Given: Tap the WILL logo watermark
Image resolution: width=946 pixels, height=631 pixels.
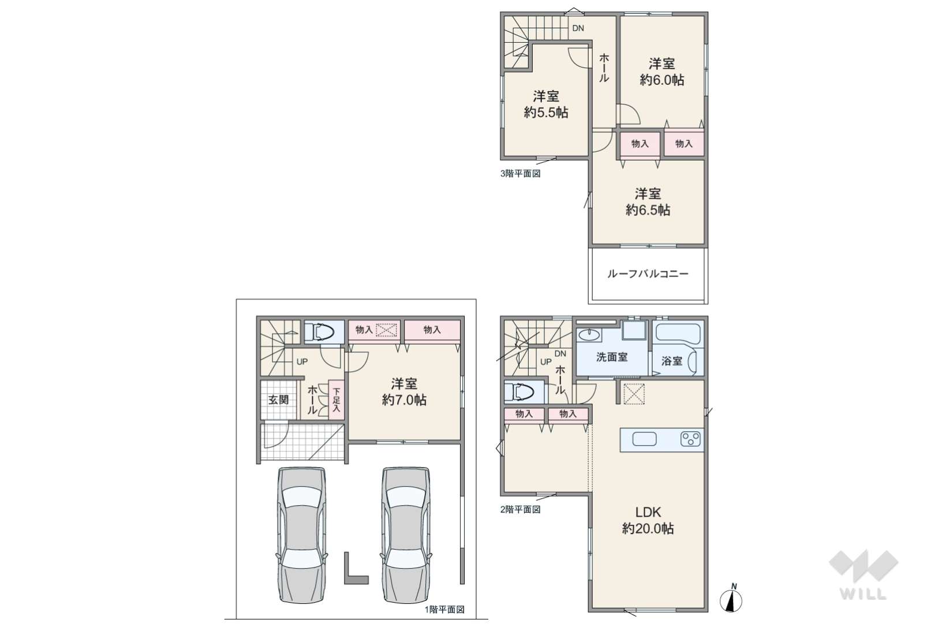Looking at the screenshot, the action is [863, 574].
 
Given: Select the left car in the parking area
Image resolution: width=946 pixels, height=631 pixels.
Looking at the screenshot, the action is [301, 535].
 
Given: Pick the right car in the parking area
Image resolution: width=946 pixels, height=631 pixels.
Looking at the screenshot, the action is [406, 535].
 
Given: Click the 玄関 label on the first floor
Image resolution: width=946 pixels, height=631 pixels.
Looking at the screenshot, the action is [279, 399].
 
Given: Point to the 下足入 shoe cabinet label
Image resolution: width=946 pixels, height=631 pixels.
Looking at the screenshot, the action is [336, 399].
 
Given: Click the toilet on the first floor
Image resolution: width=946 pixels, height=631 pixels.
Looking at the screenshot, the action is [319, 331].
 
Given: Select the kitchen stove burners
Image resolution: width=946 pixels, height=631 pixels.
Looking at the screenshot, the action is [690, 439].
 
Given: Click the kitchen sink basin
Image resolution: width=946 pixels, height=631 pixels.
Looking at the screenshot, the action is [644, 439].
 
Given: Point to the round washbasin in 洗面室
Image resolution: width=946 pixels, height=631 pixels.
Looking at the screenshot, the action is [589, 335].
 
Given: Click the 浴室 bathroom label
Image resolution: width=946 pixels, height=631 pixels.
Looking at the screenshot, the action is [671, 361].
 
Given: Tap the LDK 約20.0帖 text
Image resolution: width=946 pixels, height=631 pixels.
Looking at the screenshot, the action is [648, 520].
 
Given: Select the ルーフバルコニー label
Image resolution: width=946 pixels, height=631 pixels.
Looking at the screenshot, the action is [648, 274].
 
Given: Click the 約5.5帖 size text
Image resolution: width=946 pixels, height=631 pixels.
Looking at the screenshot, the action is [546, 113].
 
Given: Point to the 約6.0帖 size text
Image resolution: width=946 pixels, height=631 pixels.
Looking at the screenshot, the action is [662, 80].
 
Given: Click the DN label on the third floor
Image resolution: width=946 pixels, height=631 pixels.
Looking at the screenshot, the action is [578, 28].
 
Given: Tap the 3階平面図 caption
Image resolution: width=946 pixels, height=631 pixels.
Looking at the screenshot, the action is [520, 174].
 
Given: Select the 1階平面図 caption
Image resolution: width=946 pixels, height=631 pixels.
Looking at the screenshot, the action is [444, 610].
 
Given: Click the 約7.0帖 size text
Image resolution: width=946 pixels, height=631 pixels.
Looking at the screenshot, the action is [404, 399].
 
